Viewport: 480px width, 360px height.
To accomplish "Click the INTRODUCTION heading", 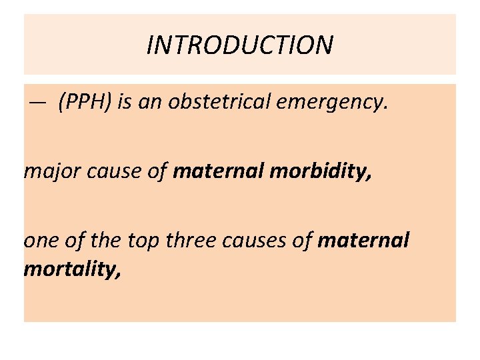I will tap(240, 45).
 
